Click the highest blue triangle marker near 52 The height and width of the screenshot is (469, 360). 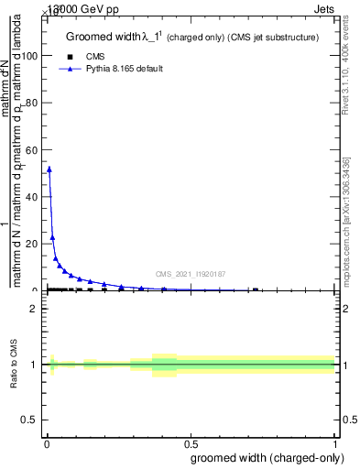(x=49, y=169)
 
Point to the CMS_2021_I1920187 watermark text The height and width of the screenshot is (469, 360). (x=191, y=274)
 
